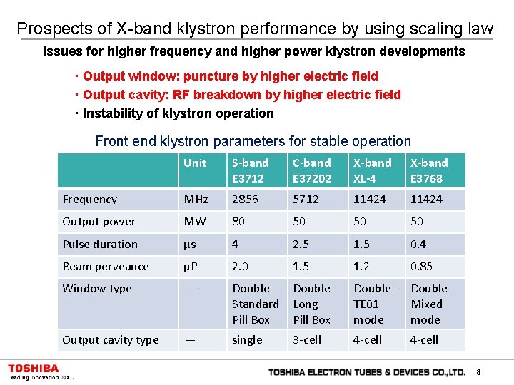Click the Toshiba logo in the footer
click(x=34, y=369)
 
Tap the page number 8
click(x=478, y=372)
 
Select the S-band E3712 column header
click(x=249, y=170)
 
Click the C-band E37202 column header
click(x=312, y=170)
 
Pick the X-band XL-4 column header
click(x=373, y=170)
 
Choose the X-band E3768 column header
click(x=429, y=170)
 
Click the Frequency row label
click(x=90, y=200)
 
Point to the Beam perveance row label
click(x=106, y=267)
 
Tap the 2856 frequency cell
click(x=245, y=200)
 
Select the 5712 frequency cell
click(x=306, y=200)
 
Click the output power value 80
click(x=238, y=222)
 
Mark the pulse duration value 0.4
click(x=418, y=244)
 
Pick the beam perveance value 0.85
click(x=421, y=267)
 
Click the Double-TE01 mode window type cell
click(x=374, y=304)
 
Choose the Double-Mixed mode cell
click(x=430, y=304)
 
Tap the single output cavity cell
click(x=247, y=340)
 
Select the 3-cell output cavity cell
click(x=308, y=340)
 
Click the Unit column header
click(x=195, y=163)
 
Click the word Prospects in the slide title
click(x=54, y=29)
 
